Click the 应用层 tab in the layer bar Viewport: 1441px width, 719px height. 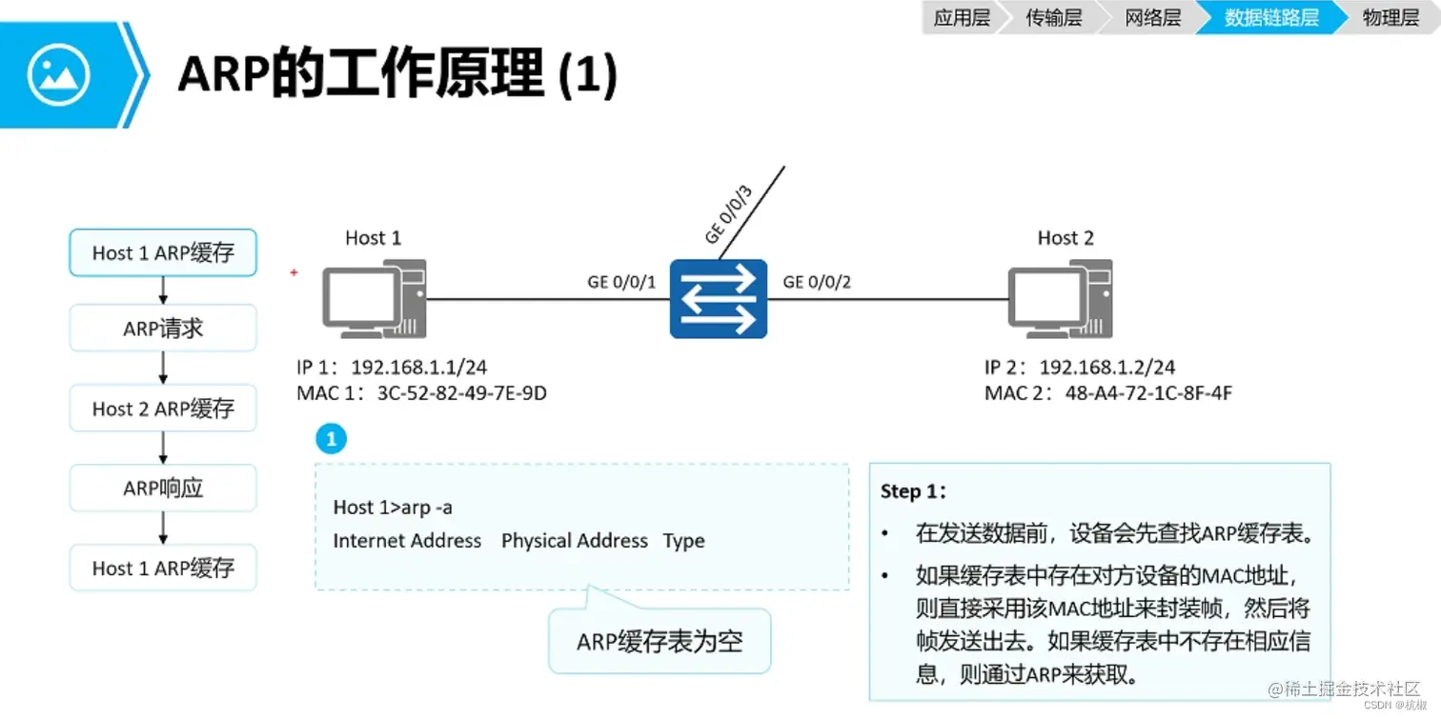pos(961,18)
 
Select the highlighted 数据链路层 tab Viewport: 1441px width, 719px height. pos(1270,18)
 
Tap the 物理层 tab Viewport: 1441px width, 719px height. pos(1390,18)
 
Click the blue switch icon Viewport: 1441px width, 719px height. pos(718,298)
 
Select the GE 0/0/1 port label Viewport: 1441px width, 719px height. pos(621,282)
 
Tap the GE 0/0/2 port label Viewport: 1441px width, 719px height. pos(817,282)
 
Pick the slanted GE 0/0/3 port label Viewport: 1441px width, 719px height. pos(728,215)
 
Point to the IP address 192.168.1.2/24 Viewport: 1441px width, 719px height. pos(1106,368)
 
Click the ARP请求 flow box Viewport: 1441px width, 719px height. pos(163,330)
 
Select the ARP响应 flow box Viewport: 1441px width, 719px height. pos(163,489)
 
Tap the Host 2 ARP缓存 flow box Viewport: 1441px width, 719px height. pos(163,409)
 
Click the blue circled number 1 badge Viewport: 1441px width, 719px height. pos(331,439)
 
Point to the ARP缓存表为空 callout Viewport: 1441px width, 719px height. pos(660,641)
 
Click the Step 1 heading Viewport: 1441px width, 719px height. pos(914,491)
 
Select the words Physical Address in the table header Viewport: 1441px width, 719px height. pos(574,541)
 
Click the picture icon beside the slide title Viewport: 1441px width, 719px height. pos(59,74)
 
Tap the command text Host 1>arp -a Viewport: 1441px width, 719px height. pos(392,508)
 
